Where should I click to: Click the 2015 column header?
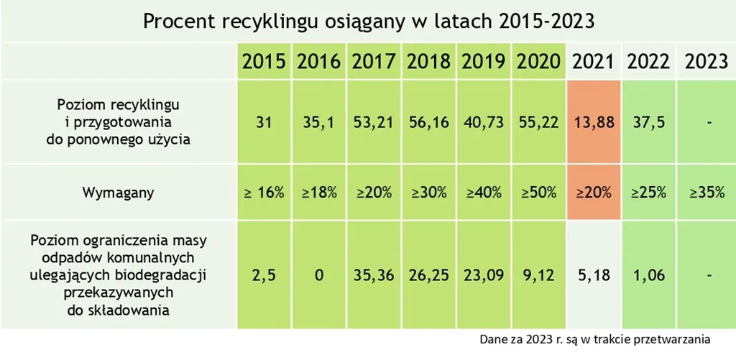click(264, 61)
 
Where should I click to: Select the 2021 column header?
click(594, 61)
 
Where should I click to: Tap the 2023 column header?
click(707, 61)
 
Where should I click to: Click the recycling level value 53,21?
click(374, 122)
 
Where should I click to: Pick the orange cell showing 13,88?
click(594, 122)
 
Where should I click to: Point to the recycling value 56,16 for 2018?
click(429, 122)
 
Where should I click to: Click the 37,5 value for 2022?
click(649, 122)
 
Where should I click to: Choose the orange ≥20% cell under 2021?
click(594, 193)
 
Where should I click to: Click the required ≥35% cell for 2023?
click(707, 193)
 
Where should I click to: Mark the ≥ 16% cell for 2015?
click(264, 193)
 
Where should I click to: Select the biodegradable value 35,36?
click(374, 274)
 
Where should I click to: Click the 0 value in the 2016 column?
click(318, 274)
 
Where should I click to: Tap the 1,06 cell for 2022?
click(649, 274)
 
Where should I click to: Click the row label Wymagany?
click(118, 193)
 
